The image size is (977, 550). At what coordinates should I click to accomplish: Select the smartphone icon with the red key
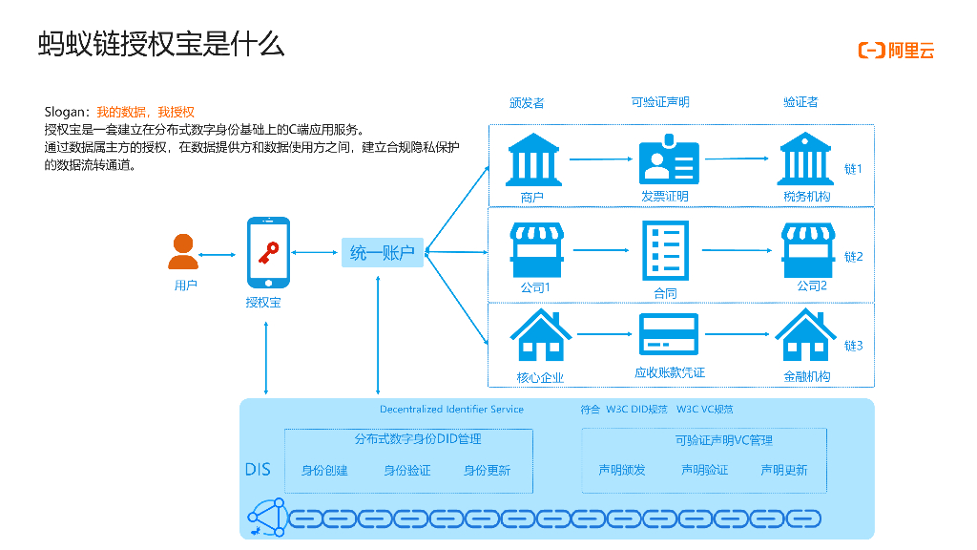tap(268, 253)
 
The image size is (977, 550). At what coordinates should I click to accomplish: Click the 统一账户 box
tap(382, 252)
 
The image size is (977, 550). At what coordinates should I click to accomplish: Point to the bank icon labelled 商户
tap(532, 159)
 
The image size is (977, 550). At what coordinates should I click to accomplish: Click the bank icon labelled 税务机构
tap(806, 159)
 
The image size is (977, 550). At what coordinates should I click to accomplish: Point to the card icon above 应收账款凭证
tap(669, 335)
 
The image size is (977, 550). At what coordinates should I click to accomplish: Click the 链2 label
tap(854, 257)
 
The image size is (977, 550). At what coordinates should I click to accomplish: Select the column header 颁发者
tap(527, 102)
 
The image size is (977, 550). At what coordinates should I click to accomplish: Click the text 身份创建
tap(324, 470)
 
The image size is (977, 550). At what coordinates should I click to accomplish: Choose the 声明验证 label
tap(704, 470)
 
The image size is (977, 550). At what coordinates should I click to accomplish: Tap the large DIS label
tap(258, 469)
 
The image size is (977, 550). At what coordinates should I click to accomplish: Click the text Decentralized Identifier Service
tap(451, 410)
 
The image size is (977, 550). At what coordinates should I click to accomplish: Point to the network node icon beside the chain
tap(266, 517)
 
